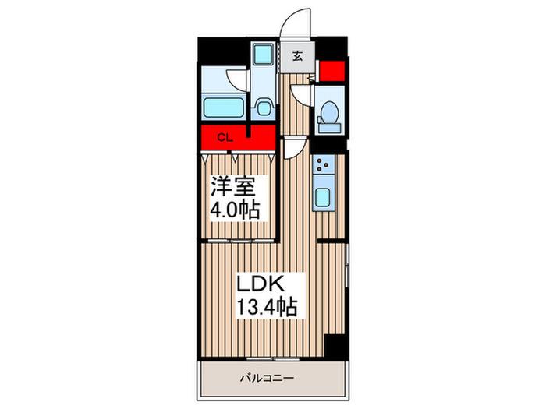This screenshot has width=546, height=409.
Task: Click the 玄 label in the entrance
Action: point(297,56)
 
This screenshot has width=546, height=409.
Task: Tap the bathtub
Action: point(223,108)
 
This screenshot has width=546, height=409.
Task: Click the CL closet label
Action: point(225,138)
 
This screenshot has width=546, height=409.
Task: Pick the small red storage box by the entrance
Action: point(332,71)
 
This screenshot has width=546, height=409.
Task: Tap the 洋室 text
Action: point(233,188)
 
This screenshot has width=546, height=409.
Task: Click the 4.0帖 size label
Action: point(235,210)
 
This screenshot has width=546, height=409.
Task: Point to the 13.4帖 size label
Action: point(267,307)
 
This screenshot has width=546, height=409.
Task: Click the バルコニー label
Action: point(268,378)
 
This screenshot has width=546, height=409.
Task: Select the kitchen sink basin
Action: point(323,197)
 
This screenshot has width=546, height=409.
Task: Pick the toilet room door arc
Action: point(299,93)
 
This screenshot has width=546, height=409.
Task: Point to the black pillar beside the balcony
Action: point(335,347)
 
